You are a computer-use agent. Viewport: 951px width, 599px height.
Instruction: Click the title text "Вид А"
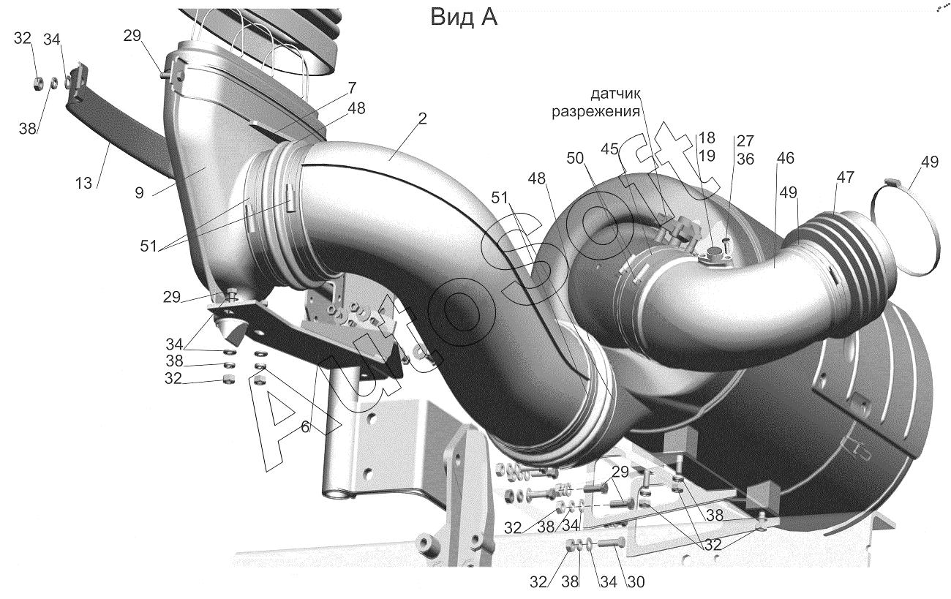[464, 18]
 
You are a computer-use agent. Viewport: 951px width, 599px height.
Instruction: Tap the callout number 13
[84, 184]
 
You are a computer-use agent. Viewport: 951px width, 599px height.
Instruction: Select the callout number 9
[139, 193]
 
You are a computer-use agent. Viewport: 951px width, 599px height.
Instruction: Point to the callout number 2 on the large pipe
[421, 118]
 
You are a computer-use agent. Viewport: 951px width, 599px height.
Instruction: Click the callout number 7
[352, 88]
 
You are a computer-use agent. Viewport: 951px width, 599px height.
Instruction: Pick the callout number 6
[305, 427]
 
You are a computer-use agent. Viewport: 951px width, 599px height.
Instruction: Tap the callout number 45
[609, 149]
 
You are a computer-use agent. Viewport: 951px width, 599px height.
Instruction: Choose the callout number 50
[575, 159]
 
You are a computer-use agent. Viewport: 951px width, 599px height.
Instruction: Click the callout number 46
[786, 158]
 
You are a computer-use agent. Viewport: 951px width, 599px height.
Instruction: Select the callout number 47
[845, 177]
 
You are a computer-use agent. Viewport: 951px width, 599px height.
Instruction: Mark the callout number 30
[636, 582]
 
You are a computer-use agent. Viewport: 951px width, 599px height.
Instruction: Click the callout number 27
[745, 140]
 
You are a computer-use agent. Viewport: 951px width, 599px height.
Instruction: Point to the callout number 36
[745, 159]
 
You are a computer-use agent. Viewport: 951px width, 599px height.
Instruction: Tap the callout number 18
[707, 137]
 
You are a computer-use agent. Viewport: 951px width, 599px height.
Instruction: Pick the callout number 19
[707, 156]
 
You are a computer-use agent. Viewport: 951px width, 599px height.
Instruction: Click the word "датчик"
[615, 94]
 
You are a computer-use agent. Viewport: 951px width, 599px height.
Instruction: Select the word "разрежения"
[595, 112]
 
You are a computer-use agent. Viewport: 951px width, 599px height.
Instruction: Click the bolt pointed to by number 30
[612, 543]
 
